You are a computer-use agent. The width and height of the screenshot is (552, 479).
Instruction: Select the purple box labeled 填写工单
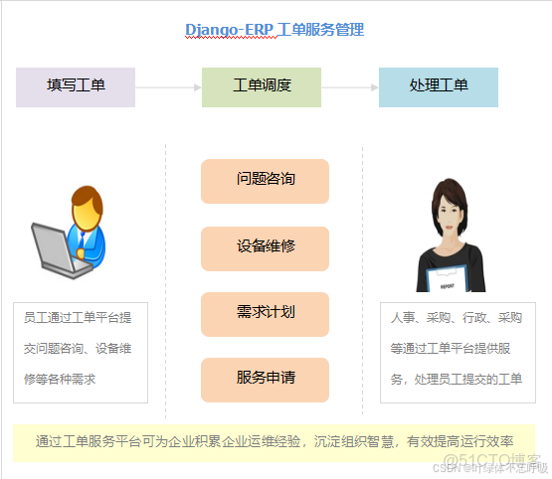(x=76, y=86)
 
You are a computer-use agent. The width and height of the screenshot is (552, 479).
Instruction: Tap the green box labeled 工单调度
(x=262, y=86)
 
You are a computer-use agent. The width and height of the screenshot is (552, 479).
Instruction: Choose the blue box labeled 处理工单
(x=439, y=86)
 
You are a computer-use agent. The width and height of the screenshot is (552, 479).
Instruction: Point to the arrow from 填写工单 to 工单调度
(x=168, y=87)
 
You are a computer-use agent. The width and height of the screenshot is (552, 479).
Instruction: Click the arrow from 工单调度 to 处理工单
(x=350, y=87)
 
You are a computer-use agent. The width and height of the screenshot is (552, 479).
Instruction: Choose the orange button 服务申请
(x=265, y=379)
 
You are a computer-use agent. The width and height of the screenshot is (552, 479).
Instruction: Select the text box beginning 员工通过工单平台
(x=80, y=349)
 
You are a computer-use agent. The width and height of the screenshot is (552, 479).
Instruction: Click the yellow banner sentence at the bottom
(x=275, y=440)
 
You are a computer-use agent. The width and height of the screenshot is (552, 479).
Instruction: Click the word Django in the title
(x=212, y=30)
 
